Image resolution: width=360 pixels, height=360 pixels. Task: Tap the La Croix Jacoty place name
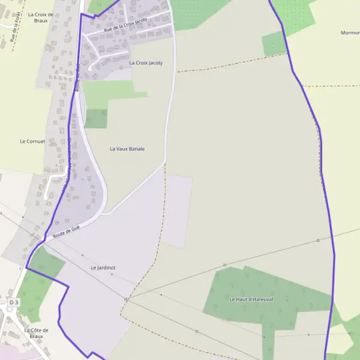[146, 62]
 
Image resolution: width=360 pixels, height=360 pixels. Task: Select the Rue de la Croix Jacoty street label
[125, 24]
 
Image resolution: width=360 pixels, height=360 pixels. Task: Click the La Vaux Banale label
[127, 148]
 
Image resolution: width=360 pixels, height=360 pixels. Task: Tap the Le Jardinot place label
[103, 267]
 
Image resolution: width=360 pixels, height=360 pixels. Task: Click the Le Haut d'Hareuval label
[251, 298]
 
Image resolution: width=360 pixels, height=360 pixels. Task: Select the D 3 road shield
[14, 303]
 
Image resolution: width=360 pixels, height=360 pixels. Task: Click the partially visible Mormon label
[350, 32]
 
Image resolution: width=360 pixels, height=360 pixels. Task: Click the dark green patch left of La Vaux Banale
[96, 118]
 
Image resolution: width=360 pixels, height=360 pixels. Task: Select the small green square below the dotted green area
[274, 44]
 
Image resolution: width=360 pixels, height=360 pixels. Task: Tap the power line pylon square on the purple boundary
[318, 240]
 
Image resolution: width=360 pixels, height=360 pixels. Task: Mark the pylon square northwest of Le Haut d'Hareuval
[224, 265]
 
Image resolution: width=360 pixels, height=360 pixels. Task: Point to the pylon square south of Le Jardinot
[126, 299]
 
